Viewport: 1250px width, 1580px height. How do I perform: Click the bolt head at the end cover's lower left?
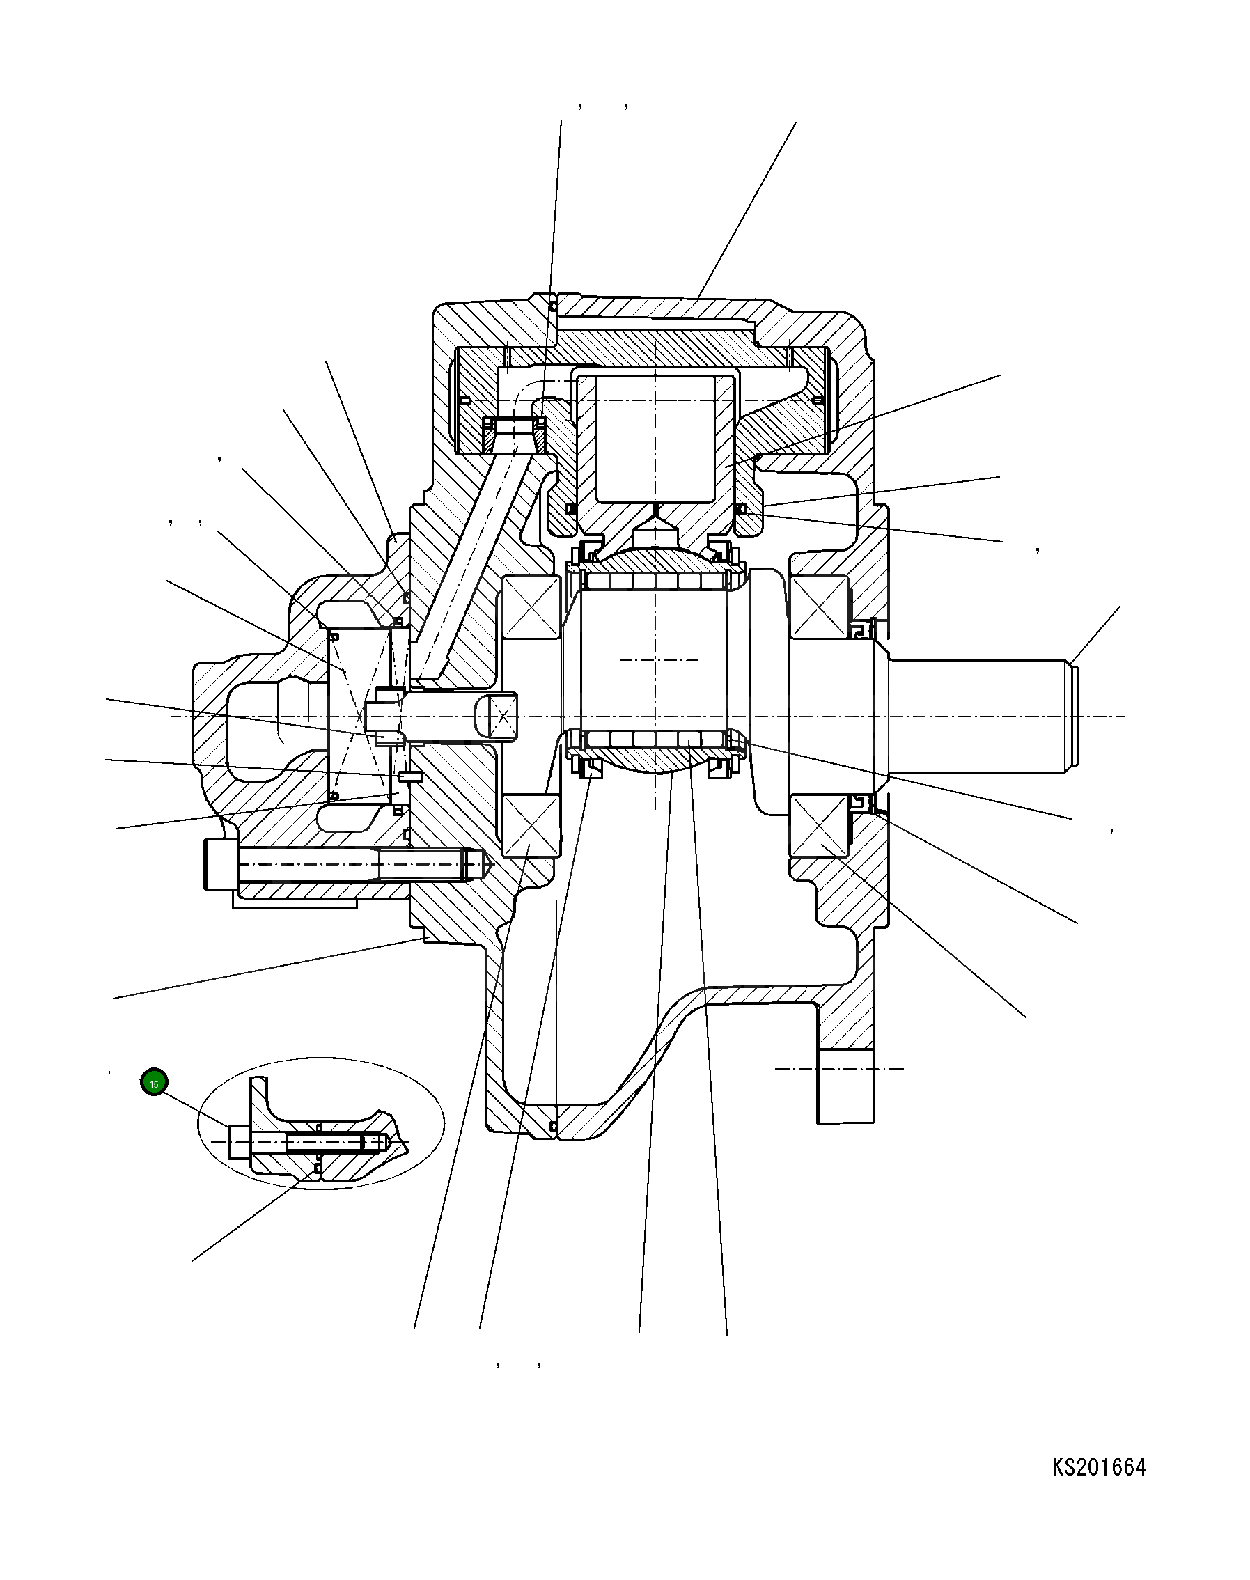(220, 864)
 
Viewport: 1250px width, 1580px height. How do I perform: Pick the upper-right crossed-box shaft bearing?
(819, 607)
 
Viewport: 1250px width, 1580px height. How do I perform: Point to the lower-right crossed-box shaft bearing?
(819, 824)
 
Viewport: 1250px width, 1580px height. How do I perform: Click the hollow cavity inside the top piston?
(655, 439)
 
